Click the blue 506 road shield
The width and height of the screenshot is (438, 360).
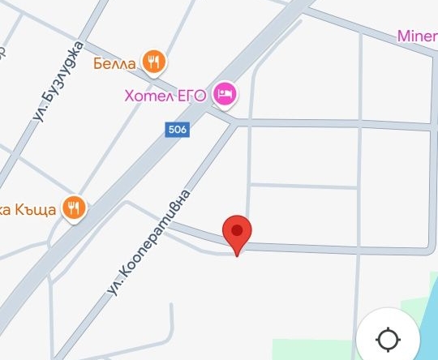[x=177, y=130]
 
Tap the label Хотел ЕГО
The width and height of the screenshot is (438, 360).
[x=165, y=96]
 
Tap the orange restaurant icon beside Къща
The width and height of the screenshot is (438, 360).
[x=75, y=208]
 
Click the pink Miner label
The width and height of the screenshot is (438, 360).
[x=417, y=36]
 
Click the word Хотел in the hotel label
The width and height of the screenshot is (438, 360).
[x=147, y=96]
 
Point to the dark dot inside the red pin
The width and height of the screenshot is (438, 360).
[x=237, y=229]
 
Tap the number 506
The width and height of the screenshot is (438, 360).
[x=177, y=130]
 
